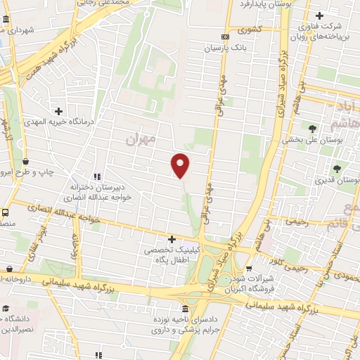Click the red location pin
point(181,165)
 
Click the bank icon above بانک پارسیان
point(225,37)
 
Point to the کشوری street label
point(250,31)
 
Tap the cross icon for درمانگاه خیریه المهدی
point(59,110)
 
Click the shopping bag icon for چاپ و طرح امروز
point(25,161)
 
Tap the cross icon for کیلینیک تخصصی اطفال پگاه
point(172,239)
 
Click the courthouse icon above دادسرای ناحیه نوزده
point(185,309)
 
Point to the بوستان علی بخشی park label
point(307,140)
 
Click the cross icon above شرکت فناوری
point(319,15)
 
